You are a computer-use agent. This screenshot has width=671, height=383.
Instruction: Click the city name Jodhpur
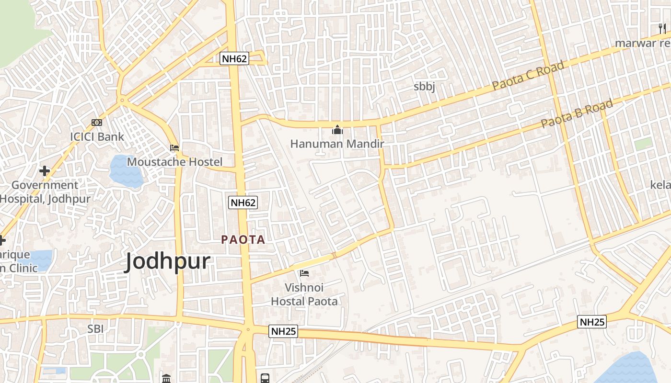click(167, 262)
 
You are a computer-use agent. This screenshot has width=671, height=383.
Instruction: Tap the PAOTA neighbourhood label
click(243, 240)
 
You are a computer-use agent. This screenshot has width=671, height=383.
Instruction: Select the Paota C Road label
click(529, 77)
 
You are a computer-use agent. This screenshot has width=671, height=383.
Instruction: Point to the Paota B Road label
click(577, 113)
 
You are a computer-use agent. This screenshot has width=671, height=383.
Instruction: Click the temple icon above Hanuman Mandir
click(337, 130)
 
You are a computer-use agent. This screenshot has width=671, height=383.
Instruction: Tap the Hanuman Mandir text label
click(337, 144)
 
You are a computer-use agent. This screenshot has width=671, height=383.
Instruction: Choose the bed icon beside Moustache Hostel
click(174, 148)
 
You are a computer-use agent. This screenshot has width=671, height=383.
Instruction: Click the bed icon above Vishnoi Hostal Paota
click(304, 274)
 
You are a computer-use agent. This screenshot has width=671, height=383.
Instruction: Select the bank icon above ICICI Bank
click(97, 123)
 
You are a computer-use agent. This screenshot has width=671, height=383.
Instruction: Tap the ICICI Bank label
click(97, 136)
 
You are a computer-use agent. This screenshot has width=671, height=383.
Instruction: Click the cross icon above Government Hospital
click(45, 171)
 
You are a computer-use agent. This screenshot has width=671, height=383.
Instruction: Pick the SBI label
click(95, 329)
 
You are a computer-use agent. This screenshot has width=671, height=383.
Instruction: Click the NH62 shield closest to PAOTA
click(243, 203)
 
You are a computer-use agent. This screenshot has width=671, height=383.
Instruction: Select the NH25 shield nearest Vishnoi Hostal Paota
click(283, 331)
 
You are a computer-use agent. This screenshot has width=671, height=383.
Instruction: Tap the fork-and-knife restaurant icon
click(662, 29)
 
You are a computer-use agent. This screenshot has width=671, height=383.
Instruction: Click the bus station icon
click(265, 378)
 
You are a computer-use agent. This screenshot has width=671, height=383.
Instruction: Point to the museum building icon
click(166, 379)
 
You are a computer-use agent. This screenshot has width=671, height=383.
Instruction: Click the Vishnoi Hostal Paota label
click(304, 294)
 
